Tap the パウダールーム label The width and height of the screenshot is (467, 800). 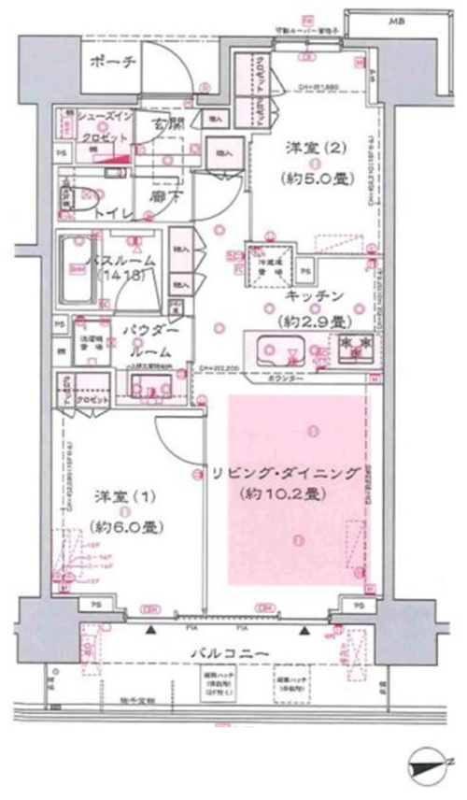point(146,341)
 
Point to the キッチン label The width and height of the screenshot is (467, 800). point(316,296)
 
